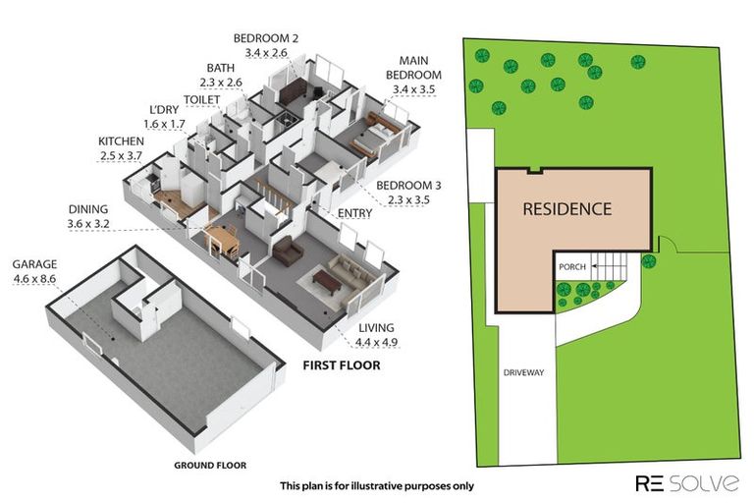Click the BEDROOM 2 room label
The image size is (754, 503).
265,38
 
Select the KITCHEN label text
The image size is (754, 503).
121,142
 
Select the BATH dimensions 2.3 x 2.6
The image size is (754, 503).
220,82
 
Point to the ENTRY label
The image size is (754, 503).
354,212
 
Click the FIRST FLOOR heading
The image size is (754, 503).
340,365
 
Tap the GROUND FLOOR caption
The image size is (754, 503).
210,465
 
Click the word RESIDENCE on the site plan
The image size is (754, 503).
566,209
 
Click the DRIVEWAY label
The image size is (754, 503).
522,373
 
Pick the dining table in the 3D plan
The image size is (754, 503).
222,239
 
